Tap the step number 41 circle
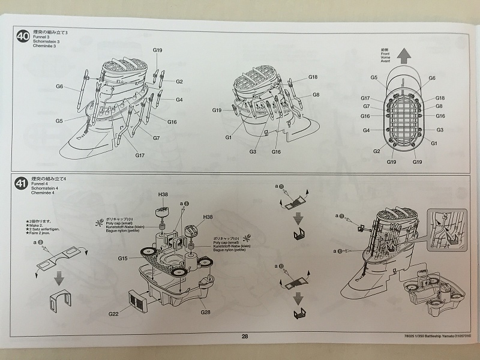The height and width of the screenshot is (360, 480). tap(22, 183)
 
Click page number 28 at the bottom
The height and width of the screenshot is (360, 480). tap(245, 337)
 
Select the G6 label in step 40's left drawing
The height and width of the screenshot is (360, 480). tap(59, 86)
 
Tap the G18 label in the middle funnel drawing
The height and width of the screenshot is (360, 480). tap(313, 77)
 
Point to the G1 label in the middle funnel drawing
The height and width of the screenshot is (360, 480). tap(229, 137)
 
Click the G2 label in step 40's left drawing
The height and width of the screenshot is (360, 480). tap(179, 82)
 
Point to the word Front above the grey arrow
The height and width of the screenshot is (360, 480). tap(403, 53)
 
